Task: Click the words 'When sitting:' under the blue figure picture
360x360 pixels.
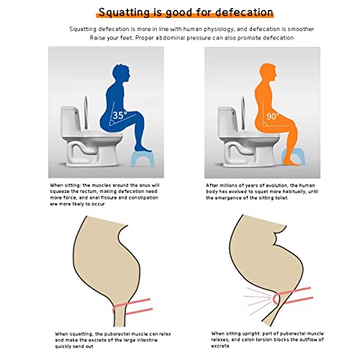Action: pyautogui.click(x=68, y=186)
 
